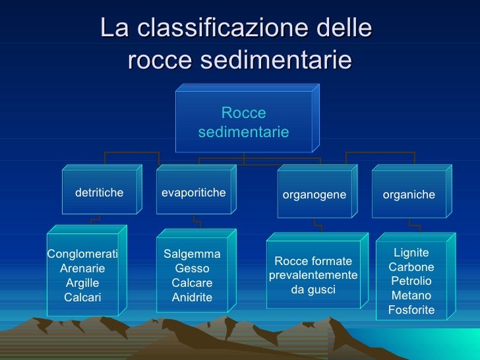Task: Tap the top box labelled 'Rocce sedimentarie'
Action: (243, 123)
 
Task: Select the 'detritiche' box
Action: (100, 193)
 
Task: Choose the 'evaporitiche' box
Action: (194, 193)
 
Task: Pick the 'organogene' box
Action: (315, 195)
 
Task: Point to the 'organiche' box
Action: (409, 195)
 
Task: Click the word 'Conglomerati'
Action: (82, 254)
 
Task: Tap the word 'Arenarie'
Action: (82, 268)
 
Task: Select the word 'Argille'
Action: (82, 283)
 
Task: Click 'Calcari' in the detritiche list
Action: (82, 297)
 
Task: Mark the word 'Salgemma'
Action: (192, 254)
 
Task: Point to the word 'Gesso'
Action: (192, 268)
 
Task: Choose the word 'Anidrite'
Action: (192, 297)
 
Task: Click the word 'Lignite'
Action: (411, 253)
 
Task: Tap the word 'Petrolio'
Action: (411, 282)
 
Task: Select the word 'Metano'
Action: (411, 295)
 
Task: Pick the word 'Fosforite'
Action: (411, 310)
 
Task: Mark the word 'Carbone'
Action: (411, 267)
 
